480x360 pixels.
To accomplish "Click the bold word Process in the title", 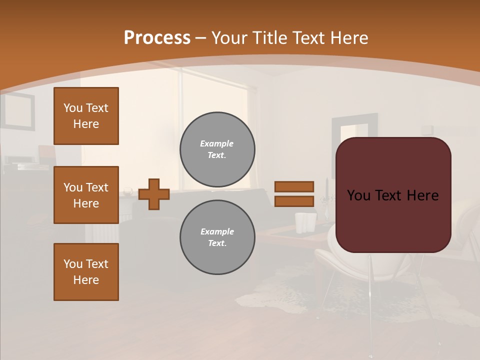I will point(157,38).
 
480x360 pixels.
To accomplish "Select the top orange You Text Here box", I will point(86,116).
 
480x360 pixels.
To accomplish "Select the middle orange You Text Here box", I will point(86,195).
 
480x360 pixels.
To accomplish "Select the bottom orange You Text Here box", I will point(86,272).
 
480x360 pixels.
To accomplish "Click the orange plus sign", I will point(154,194).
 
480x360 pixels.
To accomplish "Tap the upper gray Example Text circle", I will point(217,149).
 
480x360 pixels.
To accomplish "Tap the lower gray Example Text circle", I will point(217,237).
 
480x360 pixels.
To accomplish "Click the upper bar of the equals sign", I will point(294,186).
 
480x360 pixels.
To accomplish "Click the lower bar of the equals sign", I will point(294,201).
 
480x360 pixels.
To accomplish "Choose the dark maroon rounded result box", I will point(393,194).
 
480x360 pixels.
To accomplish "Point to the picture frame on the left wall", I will point(18,111).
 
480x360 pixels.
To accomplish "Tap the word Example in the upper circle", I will point(216,143).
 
